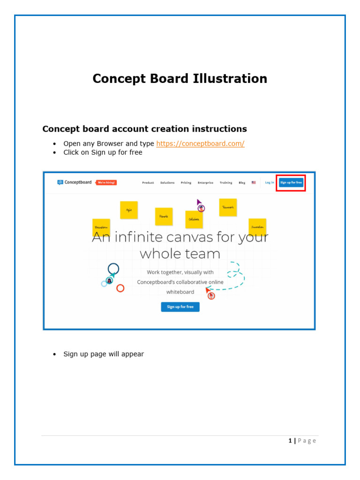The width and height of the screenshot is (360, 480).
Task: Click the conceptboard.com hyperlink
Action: [x=200, y=144]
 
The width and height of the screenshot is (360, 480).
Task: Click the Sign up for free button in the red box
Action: [x=291, y=182]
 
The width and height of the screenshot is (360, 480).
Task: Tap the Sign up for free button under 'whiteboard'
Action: [x=180, y=307]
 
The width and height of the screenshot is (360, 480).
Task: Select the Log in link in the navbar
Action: [x=270, y=182]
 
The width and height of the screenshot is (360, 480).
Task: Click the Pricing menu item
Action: [x=186, y=183]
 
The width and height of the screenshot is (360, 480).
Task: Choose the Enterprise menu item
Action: [x=205, y=183]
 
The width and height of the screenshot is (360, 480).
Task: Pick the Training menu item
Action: [x=226, y=183]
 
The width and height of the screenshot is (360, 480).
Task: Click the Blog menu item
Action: [x=242, y=183]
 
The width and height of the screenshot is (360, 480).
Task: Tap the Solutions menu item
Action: [x=167, y=183]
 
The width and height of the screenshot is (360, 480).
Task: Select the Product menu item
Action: [x=148, y=183]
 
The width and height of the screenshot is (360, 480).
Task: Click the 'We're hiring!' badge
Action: [x=106, y=182]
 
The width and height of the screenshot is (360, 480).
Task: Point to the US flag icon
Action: [x=254, y=182]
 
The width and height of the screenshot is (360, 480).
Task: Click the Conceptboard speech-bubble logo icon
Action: [x=60, y=182]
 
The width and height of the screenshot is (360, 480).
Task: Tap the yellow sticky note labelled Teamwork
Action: [x=228, y=207]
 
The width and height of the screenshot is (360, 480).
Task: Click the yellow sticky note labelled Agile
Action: [x=129, y=210]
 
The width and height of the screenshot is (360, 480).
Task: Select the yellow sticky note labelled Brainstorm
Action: [x=101, y=227]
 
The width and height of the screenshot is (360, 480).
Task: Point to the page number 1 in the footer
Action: [x=290, y=441]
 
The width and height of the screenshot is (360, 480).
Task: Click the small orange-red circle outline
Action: [x=120, y=288]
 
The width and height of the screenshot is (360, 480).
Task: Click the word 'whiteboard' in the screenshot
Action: [x=180, y=292]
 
